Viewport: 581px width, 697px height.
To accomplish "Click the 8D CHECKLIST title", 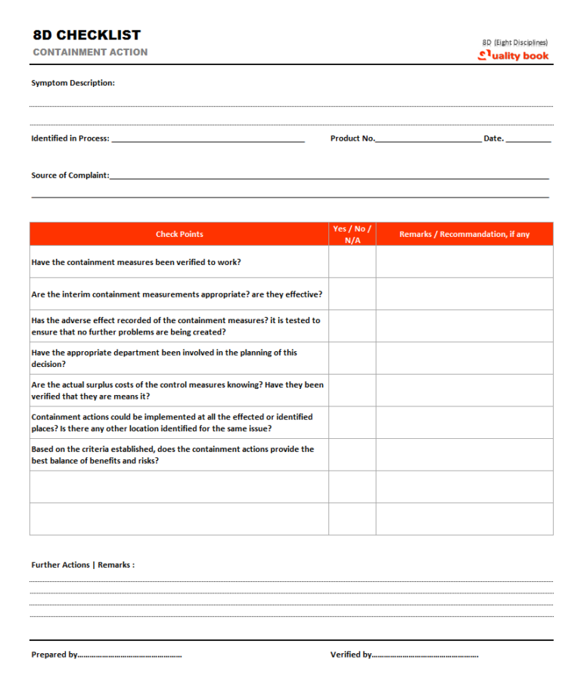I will [x=87, y=35].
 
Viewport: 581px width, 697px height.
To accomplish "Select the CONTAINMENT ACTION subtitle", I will [x=90, y=52].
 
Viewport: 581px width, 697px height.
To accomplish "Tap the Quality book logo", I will [x=514, y=55].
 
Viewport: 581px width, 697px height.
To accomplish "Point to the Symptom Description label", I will [x=73, y=82].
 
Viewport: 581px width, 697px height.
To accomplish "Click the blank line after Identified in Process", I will [x=207, y=138].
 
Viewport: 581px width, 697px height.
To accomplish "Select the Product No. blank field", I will [x=427, y=138].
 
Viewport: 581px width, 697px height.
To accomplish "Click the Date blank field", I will [x=528, y=138].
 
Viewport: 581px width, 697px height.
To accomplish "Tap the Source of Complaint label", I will [x=70, y=175].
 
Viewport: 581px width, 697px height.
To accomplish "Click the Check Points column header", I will [x=179, y=234].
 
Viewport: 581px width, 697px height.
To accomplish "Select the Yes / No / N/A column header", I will [x=353, y=234].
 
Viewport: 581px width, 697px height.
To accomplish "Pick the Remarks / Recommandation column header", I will [x=464, y=234].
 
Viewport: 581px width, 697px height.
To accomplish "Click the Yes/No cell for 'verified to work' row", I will [x=353, y=262].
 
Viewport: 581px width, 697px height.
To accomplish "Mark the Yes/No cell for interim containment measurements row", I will [x=353, y=294].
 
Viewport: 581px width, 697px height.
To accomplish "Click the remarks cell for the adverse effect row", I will [x=464, y=326].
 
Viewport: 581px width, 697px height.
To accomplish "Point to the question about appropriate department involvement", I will [x=164, y=358].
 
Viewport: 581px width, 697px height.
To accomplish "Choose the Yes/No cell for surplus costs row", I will [x=353, y=391].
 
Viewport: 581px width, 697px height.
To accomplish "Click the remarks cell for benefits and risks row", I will [x=464, y=455].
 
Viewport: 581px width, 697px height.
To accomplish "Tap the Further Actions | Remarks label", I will [x=83, y=565].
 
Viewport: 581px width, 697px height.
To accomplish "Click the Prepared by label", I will [x=54, y=655].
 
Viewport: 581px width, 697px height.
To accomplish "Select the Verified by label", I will [x=351, y=655].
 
